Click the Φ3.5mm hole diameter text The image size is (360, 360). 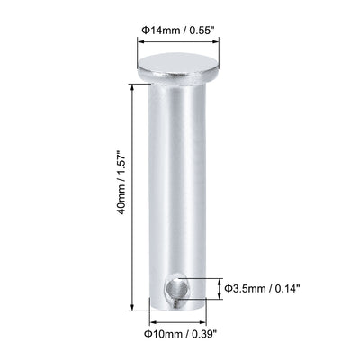(245, 288)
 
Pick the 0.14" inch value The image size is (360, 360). (284, 288)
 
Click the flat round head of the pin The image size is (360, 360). (178, 66)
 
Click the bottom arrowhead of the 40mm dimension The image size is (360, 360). (135, 309)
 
